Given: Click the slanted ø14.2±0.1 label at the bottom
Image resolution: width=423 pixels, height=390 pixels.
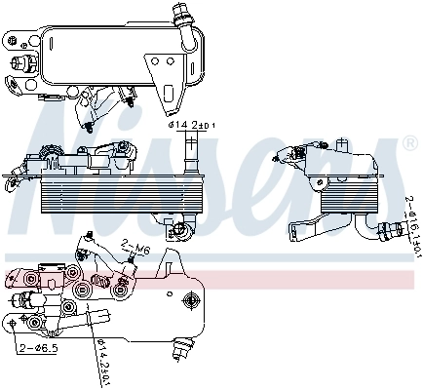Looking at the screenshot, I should point(102,358).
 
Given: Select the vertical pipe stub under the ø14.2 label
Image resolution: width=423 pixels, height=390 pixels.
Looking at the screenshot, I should point(191,150).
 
